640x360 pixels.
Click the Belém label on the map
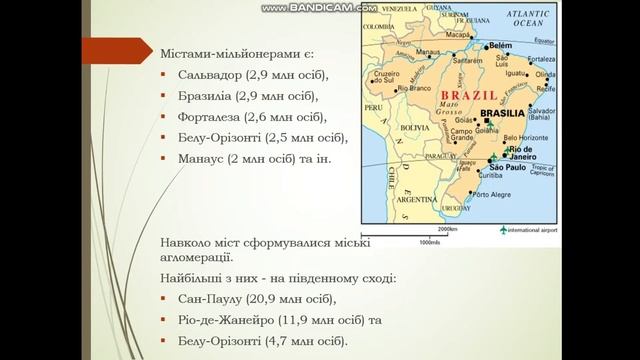click(x=500, y=46)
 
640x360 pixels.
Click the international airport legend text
click(x=533, y=230)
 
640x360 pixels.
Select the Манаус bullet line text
click(x=199, y=158)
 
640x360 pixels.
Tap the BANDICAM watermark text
click(x=320, y=8)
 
